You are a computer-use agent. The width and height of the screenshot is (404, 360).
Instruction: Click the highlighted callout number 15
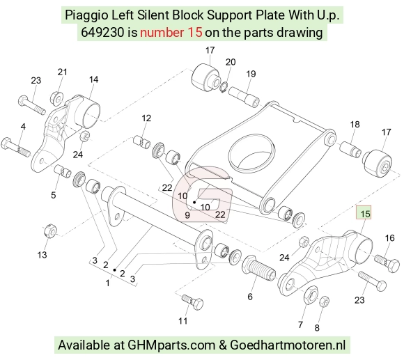[x=365, y=214]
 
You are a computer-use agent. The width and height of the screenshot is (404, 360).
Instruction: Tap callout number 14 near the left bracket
[x=93, y=79]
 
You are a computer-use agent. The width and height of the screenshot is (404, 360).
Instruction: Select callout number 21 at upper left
[x=62, y=72]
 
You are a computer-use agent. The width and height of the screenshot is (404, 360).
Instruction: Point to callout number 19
[x=251, y=74]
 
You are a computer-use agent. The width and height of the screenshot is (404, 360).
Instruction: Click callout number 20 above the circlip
[x=231, y=62]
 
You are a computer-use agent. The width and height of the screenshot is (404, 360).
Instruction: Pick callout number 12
[x=146, y=118]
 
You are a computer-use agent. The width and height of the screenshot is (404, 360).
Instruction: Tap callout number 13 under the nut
[x=42, y=255]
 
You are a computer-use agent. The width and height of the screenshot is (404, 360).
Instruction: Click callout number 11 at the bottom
[x=183, y=321]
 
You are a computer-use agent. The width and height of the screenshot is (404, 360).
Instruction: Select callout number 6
[x=250, y=297]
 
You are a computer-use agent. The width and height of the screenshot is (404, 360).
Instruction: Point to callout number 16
[x=389, y=238]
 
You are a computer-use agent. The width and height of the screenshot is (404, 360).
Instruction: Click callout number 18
[x=355, y=125]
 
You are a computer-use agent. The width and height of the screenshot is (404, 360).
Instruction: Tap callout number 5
[x=53, y=195]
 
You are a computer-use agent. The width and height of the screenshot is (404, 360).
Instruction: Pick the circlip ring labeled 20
[x=224, y=87]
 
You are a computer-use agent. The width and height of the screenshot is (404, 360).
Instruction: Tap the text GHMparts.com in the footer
[x=171, y=345]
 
